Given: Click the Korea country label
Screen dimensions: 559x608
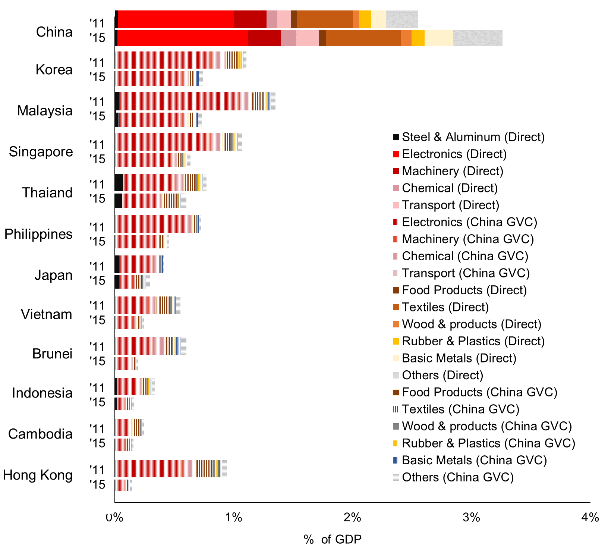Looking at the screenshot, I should [54, 70].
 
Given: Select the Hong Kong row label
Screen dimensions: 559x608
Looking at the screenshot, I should [38, 475].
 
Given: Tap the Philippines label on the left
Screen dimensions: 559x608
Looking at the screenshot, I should [38, 234].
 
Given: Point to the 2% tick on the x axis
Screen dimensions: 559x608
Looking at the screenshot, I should [352, 518].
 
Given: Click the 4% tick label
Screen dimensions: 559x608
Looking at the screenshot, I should [590, 518].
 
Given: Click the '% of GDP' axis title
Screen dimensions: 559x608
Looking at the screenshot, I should [333, 539].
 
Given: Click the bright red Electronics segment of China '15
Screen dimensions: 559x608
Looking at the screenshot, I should [183, 38].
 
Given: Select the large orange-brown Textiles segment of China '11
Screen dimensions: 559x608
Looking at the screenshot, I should [325, 19].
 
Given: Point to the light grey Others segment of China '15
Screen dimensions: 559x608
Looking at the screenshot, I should [478, 38].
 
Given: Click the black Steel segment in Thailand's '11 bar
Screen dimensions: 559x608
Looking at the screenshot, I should [119, 182].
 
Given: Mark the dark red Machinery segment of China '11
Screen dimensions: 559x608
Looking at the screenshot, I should [250, 19].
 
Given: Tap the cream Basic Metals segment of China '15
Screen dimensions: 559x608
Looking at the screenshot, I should [438, 38].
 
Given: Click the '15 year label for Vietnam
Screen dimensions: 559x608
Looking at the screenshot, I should [98, 320].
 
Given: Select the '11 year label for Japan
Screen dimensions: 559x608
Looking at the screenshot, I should [98, 266].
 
